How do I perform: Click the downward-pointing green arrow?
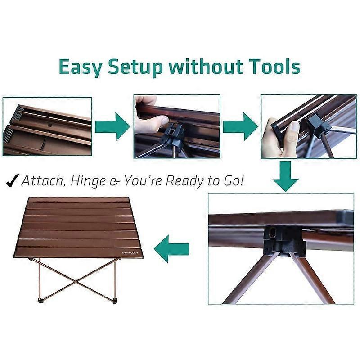(x=285, y=176)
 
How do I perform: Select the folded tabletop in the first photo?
(x=47, y=126)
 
